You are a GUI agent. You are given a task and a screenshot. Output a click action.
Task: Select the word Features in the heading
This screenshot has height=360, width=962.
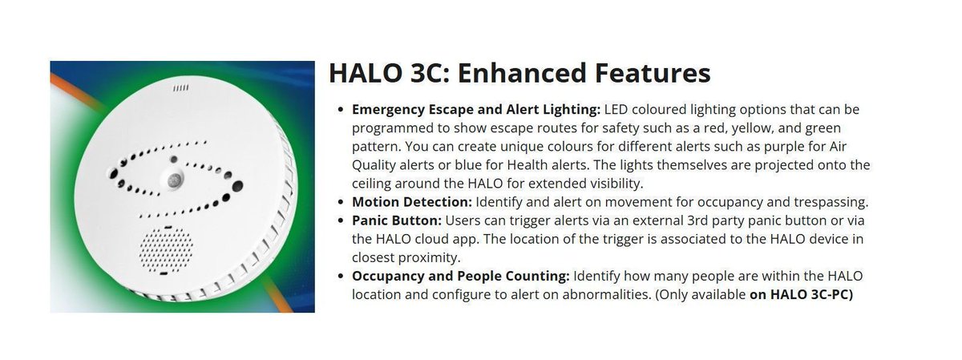click(x=651, y=73)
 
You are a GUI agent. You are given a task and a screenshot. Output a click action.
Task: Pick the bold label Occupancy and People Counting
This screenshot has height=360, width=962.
click(x=461, y=276)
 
